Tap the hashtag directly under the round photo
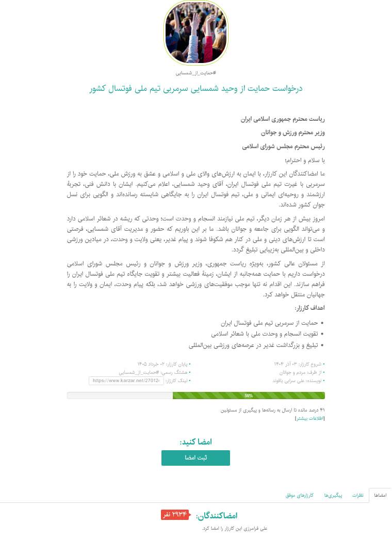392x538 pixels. tap(195, 73)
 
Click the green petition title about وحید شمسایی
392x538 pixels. tap(195, 88)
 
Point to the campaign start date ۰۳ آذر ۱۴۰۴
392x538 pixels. tap(291, 364)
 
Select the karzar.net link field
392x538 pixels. tap(126, 381)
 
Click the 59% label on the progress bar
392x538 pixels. tap(249, 395)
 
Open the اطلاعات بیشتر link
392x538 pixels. tap(309, 419)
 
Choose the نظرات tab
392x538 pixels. tap(358, 496)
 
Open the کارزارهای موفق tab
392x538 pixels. tap(297, 496)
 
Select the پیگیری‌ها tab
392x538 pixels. tap(330, 496)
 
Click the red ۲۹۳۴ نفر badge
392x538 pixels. tap(175, 515)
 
